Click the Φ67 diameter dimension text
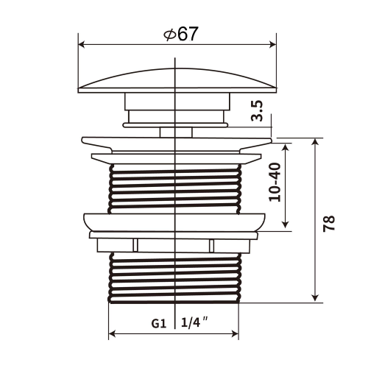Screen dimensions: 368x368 (179, 34)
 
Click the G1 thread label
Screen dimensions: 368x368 (158, 323)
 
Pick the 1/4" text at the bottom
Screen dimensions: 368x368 (193, 323)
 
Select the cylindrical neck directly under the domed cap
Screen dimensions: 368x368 (176, 107)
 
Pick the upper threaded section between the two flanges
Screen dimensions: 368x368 (176, 188)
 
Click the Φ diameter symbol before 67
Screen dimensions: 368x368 (169, 35)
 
